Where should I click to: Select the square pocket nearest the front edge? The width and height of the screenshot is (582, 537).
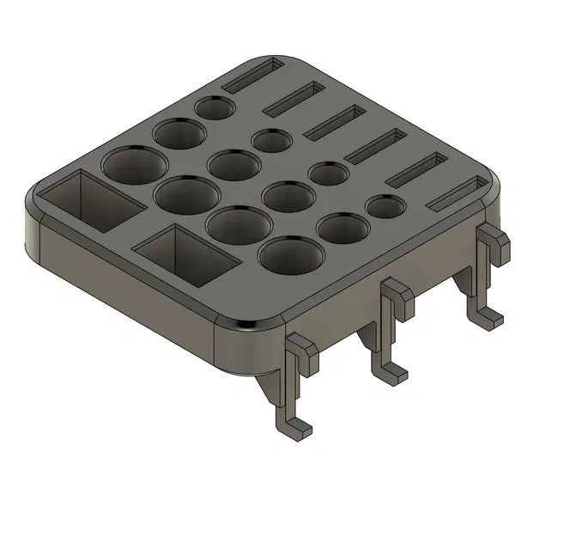[x=183, y=253]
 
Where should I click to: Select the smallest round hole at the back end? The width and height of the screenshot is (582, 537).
[x=214, y=107]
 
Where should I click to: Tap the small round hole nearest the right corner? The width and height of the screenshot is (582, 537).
[x=386, y=206]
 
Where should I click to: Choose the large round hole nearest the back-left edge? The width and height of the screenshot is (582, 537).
[x=135, y=163]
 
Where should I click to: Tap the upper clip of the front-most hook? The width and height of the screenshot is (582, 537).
[x=301, y=348]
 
